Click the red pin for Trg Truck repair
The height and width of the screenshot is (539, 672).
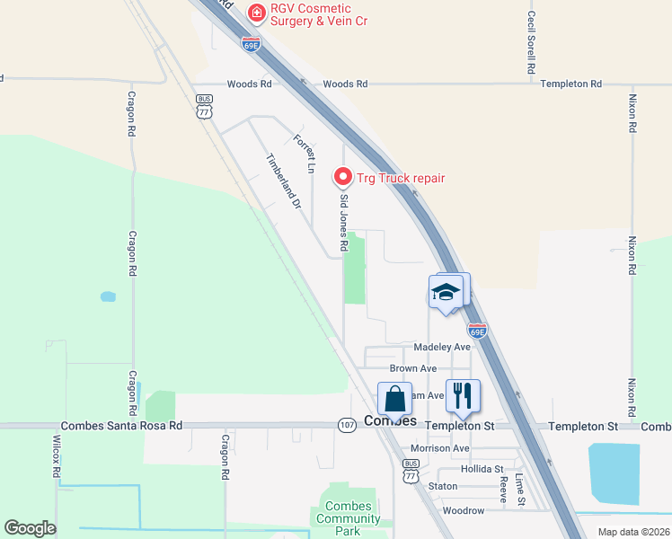coord(341,177)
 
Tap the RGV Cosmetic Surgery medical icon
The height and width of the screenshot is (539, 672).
coord(256,12)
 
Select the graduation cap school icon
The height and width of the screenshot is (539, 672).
coord(447,292)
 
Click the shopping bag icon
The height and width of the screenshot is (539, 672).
coord(394,397)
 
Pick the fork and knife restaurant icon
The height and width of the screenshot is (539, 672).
coord(463,395)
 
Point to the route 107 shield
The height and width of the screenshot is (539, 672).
coord(347,424)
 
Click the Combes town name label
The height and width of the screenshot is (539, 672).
coord(391,420)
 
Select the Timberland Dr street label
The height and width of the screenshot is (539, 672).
coord(282,181)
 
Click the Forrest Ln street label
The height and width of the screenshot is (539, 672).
coord(305,153)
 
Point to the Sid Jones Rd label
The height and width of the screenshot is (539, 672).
coord(343,225)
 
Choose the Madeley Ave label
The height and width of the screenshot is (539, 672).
coord(442,347)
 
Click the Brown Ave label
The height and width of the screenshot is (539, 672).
coord(413,368)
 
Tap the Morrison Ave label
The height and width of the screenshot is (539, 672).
coord(440,448)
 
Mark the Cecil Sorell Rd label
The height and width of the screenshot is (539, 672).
coord(532,43)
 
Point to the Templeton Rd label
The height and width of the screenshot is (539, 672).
coord(570,84)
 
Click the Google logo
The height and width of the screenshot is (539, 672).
coord(30,528)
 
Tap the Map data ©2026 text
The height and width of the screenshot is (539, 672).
coord(632,532)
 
